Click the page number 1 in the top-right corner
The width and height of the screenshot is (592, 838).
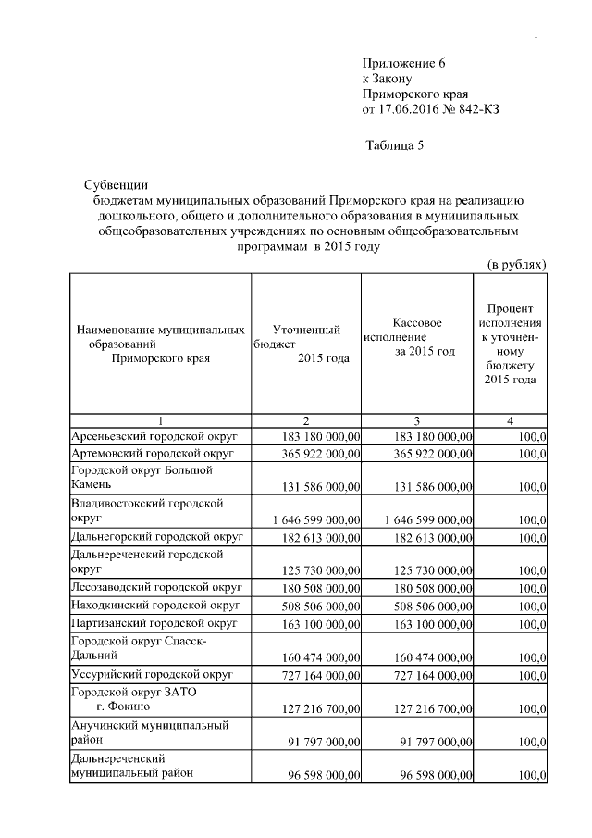click(x=536, y=35)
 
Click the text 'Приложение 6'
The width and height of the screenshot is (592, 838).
click(x=403, y=63)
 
